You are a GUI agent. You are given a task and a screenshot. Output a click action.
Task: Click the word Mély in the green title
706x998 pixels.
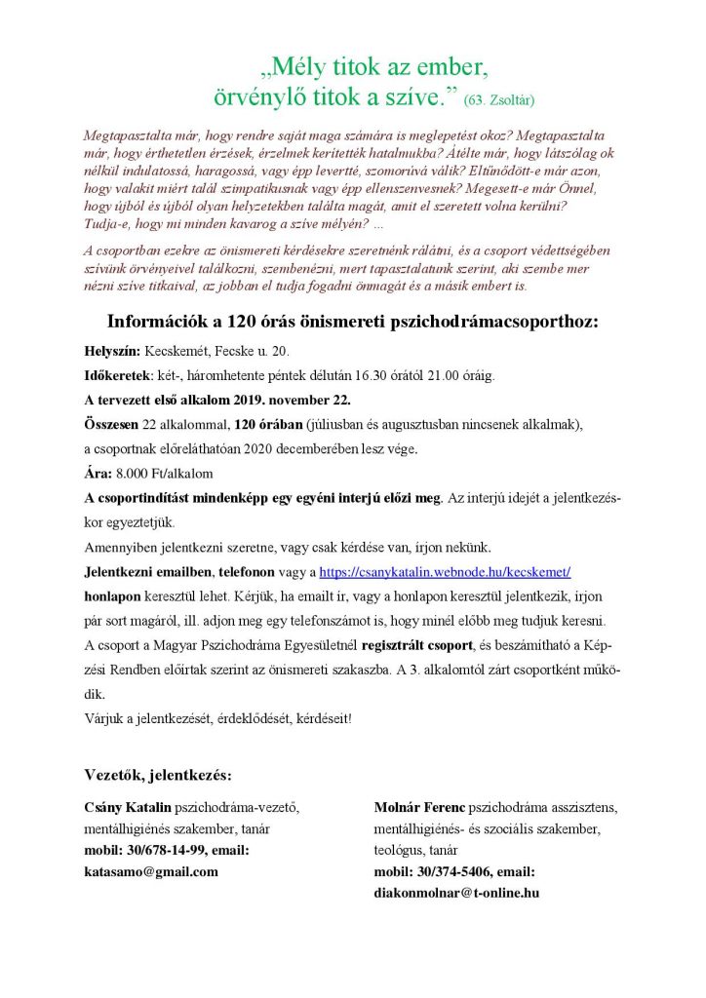coord(299,67)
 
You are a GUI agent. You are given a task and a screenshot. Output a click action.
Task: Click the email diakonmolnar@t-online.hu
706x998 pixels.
coord(456,892)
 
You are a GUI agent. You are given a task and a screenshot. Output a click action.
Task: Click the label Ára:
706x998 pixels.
coord(98,473)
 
